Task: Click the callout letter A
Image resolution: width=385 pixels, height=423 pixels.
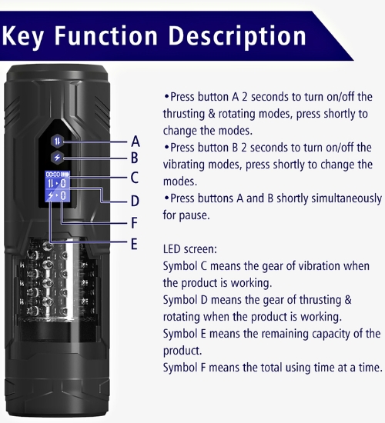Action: click(x=136, y=142)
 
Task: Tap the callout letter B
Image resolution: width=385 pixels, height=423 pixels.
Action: click(x=134, y=158)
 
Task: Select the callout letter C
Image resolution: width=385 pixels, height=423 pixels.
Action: click(x=135, y=178)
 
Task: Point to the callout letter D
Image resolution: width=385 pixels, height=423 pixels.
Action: click(x=135, y=201)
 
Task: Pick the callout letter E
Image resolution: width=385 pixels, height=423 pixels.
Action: click(x=134, y=244)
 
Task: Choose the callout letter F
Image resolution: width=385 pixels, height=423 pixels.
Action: click(x=134, y=223)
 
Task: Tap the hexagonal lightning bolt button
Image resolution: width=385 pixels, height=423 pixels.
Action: click(x=57, y=157)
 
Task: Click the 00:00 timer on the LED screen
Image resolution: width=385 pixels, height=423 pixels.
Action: click(x=52, y=175)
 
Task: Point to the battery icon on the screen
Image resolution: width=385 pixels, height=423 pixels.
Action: click(x=65, y=175)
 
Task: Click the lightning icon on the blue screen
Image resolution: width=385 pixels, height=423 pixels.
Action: click(x=51, y=195)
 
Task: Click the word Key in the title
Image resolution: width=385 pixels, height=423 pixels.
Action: click(x=22, y=36)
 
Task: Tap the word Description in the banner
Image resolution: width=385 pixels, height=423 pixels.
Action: click(x=238, y=37)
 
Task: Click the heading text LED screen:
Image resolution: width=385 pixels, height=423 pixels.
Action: click(x=190, y=249)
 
